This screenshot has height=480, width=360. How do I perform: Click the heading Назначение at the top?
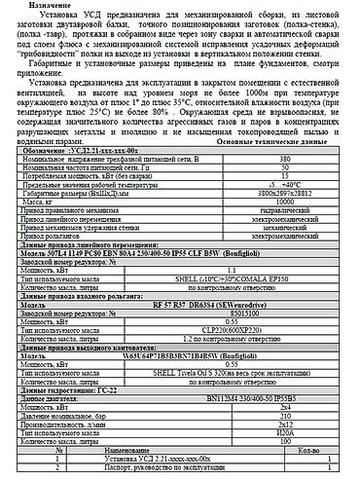click(x=39, y=5)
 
